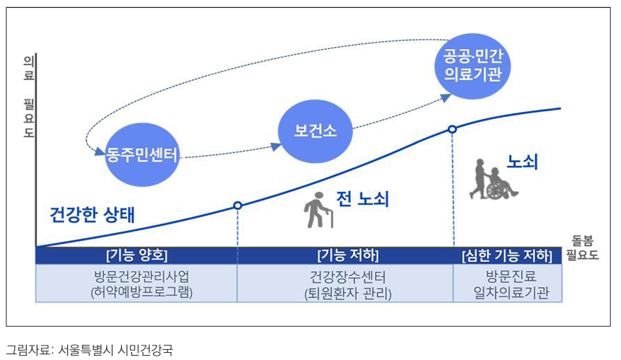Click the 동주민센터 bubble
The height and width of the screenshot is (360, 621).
[x=141, y=154]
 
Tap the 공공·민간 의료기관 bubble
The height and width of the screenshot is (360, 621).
[x=472, y=63]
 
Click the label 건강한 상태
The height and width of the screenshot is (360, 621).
[x=92, y=214]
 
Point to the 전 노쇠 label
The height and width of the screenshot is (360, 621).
[x=363, y=198]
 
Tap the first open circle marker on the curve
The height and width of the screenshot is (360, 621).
[x=237, y=206]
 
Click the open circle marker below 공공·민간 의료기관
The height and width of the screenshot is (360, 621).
[x=452, y=129]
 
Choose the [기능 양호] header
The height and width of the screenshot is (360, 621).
[x=136, y=255]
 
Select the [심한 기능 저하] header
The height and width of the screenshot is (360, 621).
[x=507, y=255]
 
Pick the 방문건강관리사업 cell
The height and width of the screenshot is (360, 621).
[x=136, y=284]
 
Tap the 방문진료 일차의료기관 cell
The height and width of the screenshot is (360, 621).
[x=507, y=284]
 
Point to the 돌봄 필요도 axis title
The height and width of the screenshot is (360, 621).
[x=582, y=247]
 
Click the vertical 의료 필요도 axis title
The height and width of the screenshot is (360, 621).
[x=29, y=97]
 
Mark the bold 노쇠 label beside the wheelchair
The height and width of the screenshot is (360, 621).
[x=523, y=162]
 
